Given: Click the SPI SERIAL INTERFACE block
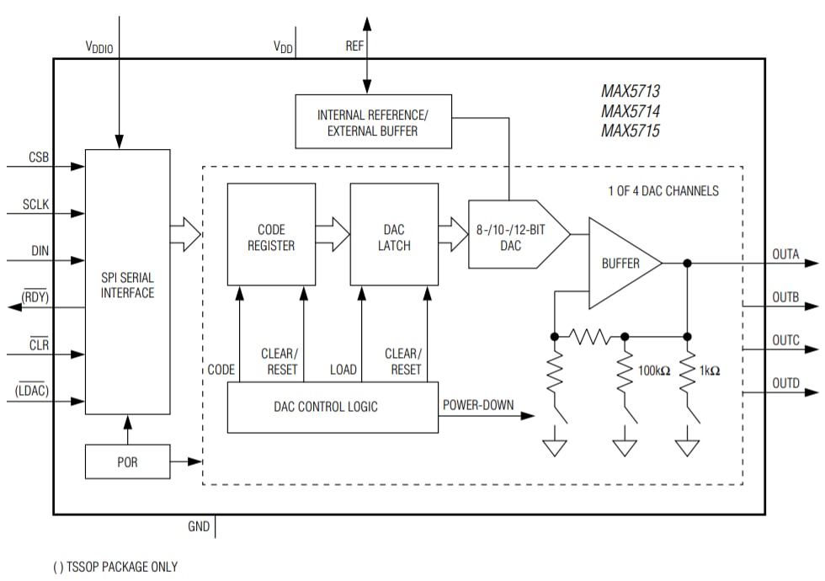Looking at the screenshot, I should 127,281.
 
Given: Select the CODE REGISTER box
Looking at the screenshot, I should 271,237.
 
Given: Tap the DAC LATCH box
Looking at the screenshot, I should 394,237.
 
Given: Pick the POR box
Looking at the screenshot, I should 127,461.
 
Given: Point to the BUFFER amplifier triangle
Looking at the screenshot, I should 620,264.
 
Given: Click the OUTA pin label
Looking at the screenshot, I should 785,253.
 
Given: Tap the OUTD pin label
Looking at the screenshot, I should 785,383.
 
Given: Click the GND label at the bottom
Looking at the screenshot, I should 198,528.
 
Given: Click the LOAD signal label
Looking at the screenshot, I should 343,370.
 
